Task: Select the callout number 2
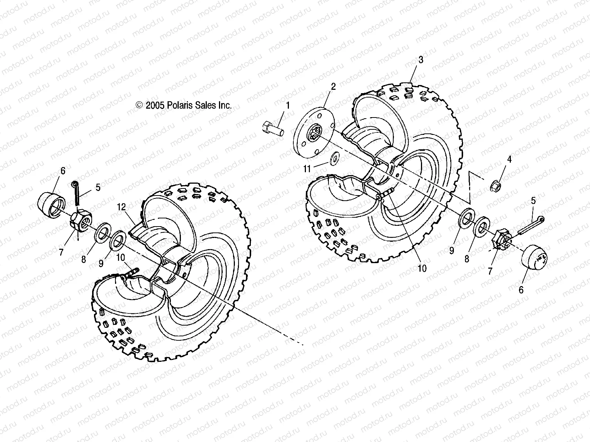point(333,87)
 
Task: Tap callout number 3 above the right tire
point(421,59)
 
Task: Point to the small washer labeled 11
point(335,158)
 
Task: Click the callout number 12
point(122,207)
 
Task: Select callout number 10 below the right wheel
point(422,269)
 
